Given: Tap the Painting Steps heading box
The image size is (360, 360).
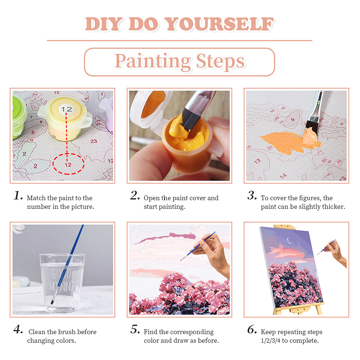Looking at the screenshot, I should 179,62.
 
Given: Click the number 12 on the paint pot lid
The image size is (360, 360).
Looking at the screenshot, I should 66,109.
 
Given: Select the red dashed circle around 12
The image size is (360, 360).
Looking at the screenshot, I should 68,164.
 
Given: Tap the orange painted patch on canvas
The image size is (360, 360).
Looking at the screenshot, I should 284,141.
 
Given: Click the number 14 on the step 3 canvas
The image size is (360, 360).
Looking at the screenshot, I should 283,176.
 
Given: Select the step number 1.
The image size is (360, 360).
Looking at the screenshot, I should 18,195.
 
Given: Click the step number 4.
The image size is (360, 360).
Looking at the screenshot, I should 18,329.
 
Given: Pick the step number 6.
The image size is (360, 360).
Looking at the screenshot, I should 252,330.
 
